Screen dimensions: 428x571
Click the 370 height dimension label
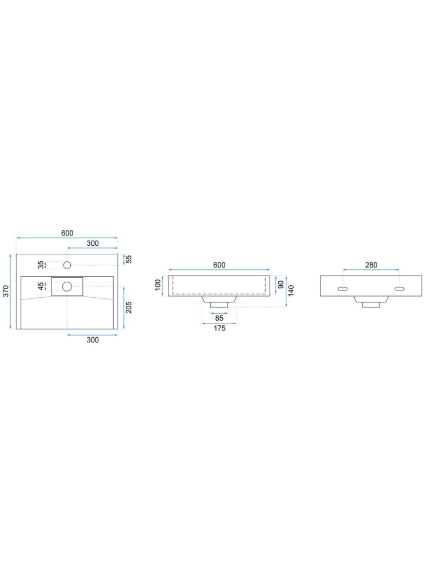6,291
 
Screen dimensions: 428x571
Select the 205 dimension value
129,307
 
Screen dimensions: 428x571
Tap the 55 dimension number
129,259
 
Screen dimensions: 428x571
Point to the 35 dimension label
41,265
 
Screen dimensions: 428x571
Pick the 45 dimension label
41,286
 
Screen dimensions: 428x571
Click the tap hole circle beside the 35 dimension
67,265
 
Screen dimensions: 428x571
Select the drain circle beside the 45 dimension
67,286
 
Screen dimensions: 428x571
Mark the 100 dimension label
158,285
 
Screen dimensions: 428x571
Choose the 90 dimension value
281,285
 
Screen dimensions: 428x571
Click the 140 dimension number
291,290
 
